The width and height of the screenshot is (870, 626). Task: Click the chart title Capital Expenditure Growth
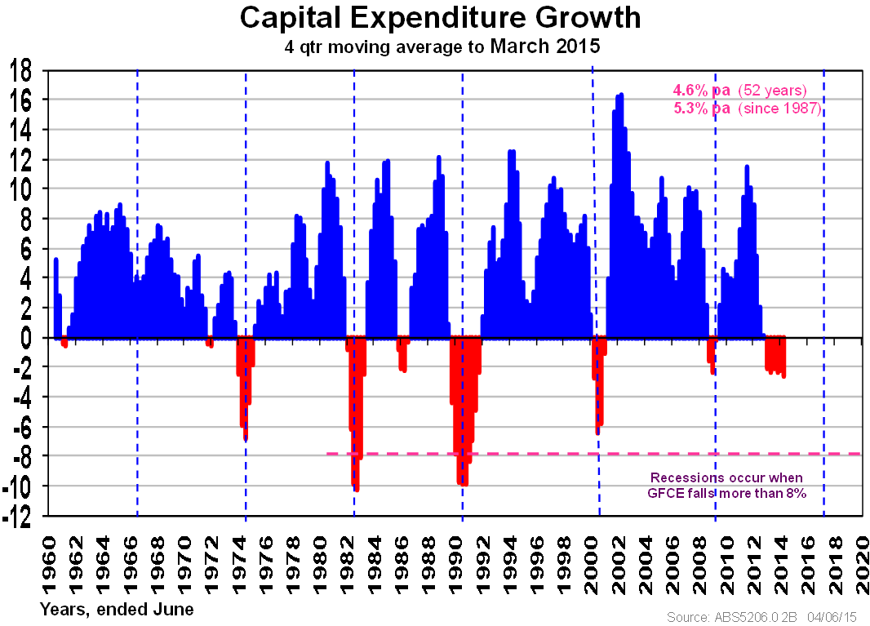[x=440, y=18]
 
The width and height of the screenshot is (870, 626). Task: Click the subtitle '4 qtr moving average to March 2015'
[x=442, y=47]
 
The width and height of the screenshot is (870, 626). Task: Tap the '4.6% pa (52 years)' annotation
[x=739, y=91]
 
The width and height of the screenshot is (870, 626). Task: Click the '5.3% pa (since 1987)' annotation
[x=746, y=109]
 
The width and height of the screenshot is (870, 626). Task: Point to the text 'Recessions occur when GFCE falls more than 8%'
[x=726, y=485]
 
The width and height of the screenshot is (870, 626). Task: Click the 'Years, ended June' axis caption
[x=117, y=609]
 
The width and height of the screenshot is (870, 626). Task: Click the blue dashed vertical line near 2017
[x=823, y=245]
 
